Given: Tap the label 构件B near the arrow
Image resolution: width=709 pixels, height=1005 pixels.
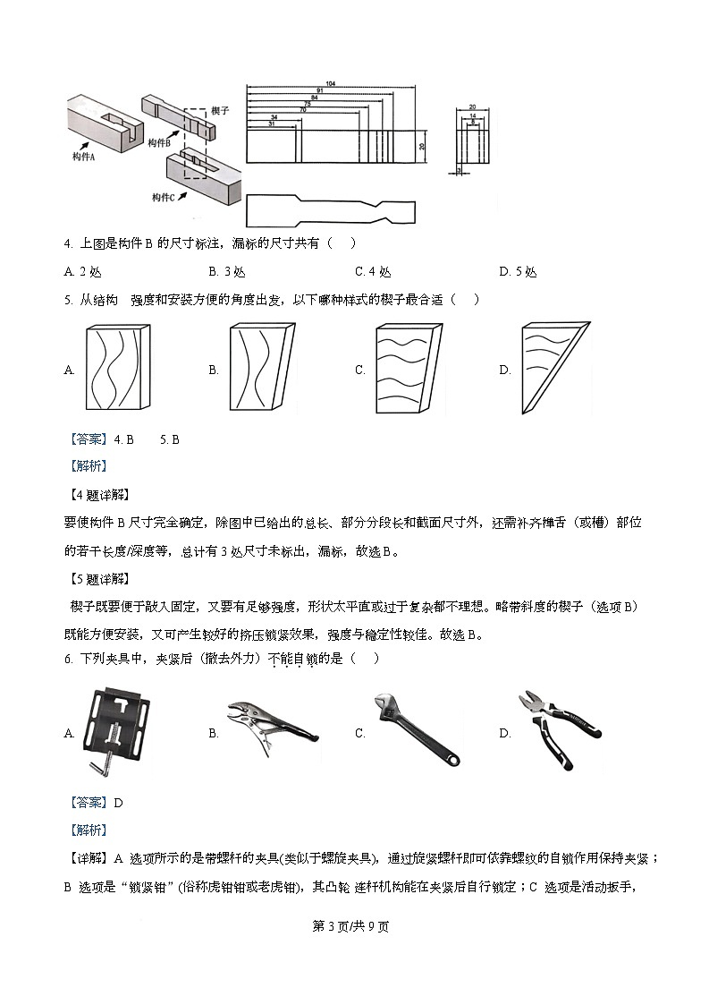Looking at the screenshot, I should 158,142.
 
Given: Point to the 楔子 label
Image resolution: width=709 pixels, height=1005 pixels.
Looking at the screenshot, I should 220,110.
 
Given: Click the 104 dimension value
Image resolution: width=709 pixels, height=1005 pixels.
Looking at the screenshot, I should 331,83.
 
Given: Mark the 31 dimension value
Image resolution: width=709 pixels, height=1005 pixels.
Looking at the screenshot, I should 271,123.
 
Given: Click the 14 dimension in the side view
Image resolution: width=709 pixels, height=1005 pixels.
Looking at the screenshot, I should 472,115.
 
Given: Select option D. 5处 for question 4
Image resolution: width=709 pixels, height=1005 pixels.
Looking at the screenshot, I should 518,272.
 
